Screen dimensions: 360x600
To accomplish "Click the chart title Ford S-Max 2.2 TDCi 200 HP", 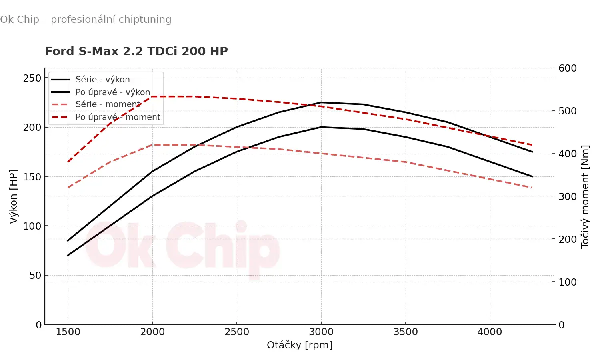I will tap(136, 51).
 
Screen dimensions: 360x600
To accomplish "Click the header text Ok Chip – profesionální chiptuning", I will tap(86, 19).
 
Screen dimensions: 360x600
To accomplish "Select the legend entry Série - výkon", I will tap(102, 79).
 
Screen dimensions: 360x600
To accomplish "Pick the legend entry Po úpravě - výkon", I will tap(112, 92).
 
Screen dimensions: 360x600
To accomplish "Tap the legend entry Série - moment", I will tap(108, 104).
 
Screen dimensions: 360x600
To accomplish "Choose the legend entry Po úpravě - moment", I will tap(118, 117).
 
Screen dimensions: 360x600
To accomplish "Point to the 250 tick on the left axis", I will tap(32, 78).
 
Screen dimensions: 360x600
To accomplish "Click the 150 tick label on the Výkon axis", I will tap(32, 177).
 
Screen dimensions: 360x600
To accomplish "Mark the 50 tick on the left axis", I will tap(35, 275).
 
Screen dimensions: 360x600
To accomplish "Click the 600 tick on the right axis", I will tap(567, 68).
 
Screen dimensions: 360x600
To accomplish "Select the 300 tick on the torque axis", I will tap(567, 196).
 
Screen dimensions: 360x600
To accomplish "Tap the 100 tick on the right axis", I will tap(567, 282).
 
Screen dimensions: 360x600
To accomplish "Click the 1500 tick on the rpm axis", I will tap(68, 332).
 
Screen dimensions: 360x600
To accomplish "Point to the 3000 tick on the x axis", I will tap(321, 332).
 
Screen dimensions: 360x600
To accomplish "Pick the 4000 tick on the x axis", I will tap(490, 332).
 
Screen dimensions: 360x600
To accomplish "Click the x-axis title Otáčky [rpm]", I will tap(300, 345).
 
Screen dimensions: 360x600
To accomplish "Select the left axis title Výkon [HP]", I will tap(14, 196).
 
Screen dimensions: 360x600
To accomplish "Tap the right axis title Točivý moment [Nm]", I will tap(585, 196).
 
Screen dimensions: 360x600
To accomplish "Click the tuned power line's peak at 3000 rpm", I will tap(321, 102).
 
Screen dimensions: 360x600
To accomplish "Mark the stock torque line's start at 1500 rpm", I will tap(68, 187).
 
